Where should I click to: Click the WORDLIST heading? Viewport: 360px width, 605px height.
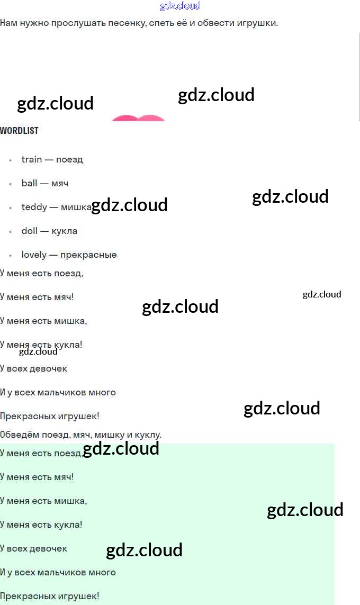(19, 130)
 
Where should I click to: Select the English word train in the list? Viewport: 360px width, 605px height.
(31, 159)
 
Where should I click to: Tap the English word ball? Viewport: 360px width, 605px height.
(29, 183)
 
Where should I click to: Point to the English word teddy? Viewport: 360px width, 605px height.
(34, 207)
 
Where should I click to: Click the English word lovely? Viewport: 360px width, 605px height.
(34, 255)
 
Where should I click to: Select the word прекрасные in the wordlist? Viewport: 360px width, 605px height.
(88, 255)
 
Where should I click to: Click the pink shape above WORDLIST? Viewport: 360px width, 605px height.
(138, 118)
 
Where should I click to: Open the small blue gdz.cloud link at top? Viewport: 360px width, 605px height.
(180, 6)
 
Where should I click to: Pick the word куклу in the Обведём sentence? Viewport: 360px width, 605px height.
(149, 435)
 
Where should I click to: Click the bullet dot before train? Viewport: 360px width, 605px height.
(11, 160)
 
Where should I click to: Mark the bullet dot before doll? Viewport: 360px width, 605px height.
(11, 231)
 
